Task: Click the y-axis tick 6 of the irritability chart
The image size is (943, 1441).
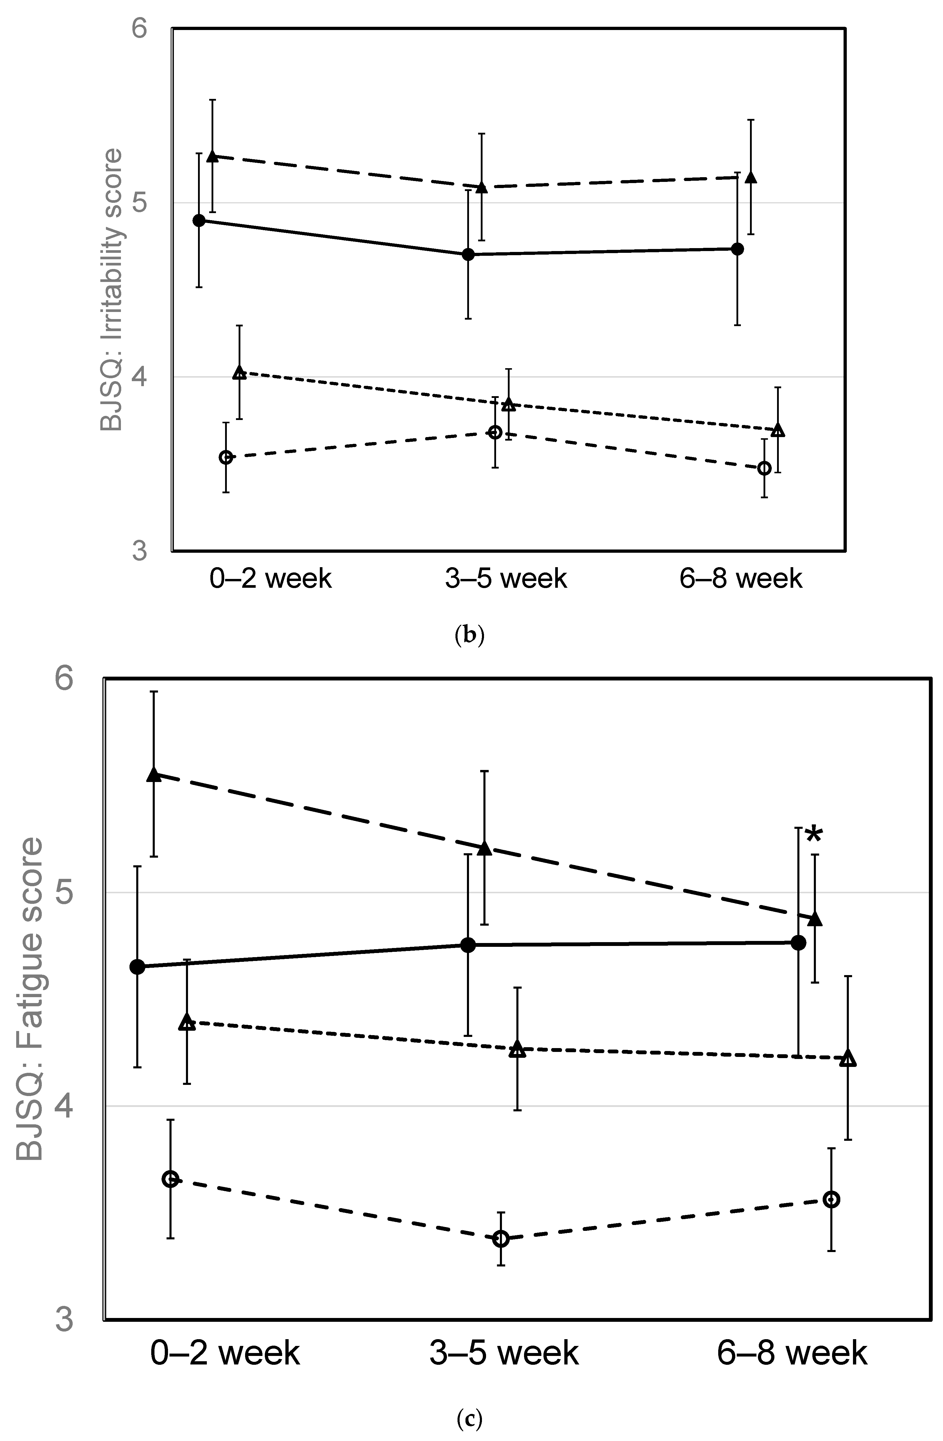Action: pyautogui.click(x=140, y=29)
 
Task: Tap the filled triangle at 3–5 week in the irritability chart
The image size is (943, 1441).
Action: pyautogui.click(x=482, y=187)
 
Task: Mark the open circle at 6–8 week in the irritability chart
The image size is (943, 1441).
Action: pyautogui.click(x=764, y=468)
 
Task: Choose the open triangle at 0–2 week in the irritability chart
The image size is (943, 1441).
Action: pyautogui.click(x=240, y=372)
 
